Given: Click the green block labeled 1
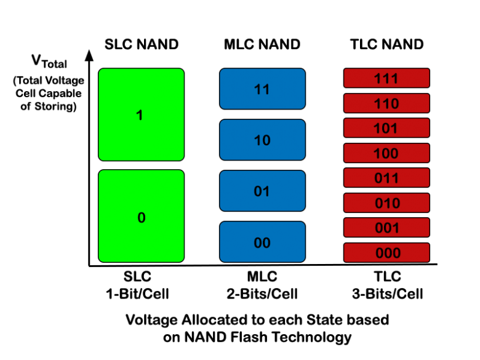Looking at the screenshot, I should coord(141,114).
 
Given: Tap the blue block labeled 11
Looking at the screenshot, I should coord(262,89).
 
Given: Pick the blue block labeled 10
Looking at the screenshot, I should coord(262,140).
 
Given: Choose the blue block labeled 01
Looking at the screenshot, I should coord(262,191).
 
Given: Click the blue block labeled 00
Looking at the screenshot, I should coord(262,242).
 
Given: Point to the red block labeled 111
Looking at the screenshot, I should coord(386,78).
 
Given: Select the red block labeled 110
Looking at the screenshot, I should coord(386,103).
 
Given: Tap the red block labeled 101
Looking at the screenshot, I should coord(386,128).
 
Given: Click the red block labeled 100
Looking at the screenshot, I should coord(386,153).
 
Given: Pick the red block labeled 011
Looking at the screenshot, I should coord(386,178).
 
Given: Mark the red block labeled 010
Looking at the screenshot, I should coord(386,202).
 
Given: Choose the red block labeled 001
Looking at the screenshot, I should coord(386,227).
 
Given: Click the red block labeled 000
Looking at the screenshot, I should coord(386,252).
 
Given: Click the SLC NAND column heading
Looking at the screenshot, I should coord(141,44).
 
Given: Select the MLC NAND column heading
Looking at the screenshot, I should coord(262,44).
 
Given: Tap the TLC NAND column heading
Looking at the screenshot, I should coord(386,44).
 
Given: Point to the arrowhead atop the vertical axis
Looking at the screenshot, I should coord(90,55).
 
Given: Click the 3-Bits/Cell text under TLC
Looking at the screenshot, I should coord(387,294).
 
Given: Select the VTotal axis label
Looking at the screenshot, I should coord(49,62).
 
